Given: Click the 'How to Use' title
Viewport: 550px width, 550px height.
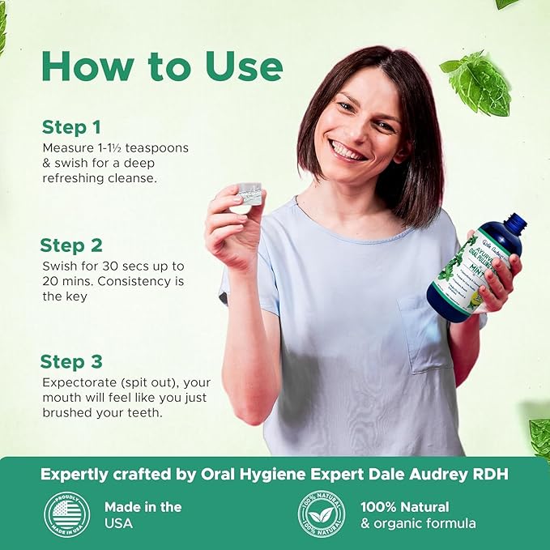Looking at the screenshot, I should (x=162, y=66).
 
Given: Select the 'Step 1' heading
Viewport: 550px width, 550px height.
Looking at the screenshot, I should (x=71, y=127).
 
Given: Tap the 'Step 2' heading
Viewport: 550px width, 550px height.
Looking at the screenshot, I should (x=73, y=245).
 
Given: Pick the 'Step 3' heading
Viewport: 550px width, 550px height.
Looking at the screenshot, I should (x=73, y=362).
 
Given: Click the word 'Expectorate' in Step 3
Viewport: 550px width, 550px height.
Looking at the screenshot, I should (x=77, y=382).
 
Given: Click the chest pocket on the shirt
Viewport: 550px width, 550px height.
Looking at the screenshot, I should (x=425, y=331).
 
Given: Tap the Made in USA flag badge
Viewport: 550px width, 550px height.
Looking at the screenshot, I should (x=66, y=514).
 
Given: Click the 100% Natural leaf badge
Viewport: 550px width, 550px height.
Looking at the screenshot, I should (x=321, y=514).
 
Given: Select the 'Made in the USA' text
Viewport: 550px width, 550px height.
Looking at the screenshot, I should (x=143, y=514).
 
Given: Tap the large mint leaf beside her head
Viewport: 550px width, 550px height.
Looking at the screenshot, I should (x=477, y=84).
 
